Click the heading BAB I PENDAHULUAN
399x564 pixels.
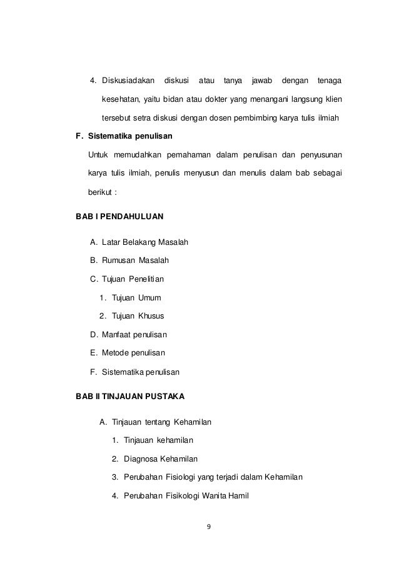tap(119, 217)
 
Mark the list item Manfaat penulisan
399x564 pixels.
tap(134, 335)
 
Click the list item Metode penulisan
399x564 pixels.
tap(132, 354)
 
